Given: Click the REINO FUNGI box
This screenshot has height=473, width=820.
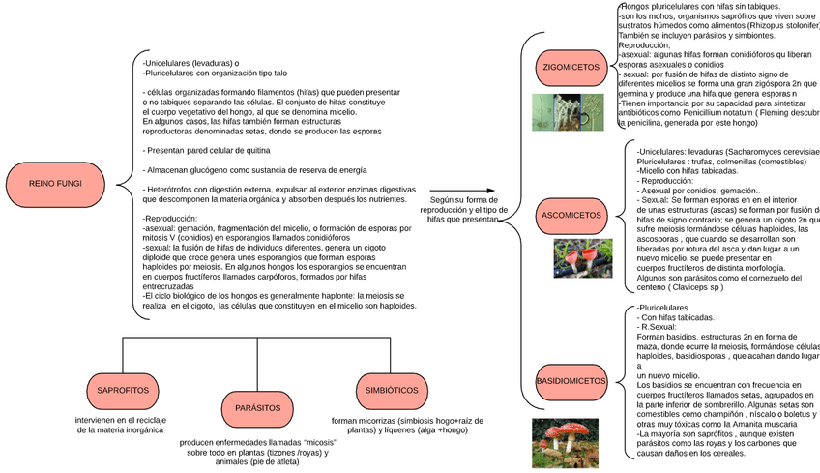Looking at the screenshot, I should point(55,183).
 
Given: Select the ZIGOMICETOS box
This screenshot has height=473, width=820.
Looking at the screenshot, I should point(571,68).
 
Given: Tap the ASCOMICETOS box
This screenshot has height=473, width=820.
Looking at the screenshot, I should point(571,215).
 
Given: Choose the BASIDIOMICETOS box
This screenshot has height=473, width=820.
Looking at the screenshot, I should point(571,381).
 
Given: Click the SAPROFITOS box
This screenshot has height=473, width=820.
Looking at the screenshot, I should point(123,390).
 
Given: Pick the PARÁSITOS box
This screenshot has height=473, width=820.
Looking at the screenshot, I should point(256,408).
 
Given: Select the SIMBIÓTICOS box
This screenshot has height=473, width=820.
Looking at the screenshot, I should point(391,390).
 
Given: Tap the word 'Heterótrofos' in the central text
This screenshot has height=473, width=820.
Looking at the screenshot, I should point(170,189).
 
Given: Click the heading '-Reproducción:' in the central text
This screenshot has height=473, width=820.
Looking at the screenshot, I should point(171,219).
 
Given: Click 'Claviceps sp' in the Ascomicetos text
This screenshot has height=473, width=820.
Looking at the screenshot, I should point(689,287).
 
